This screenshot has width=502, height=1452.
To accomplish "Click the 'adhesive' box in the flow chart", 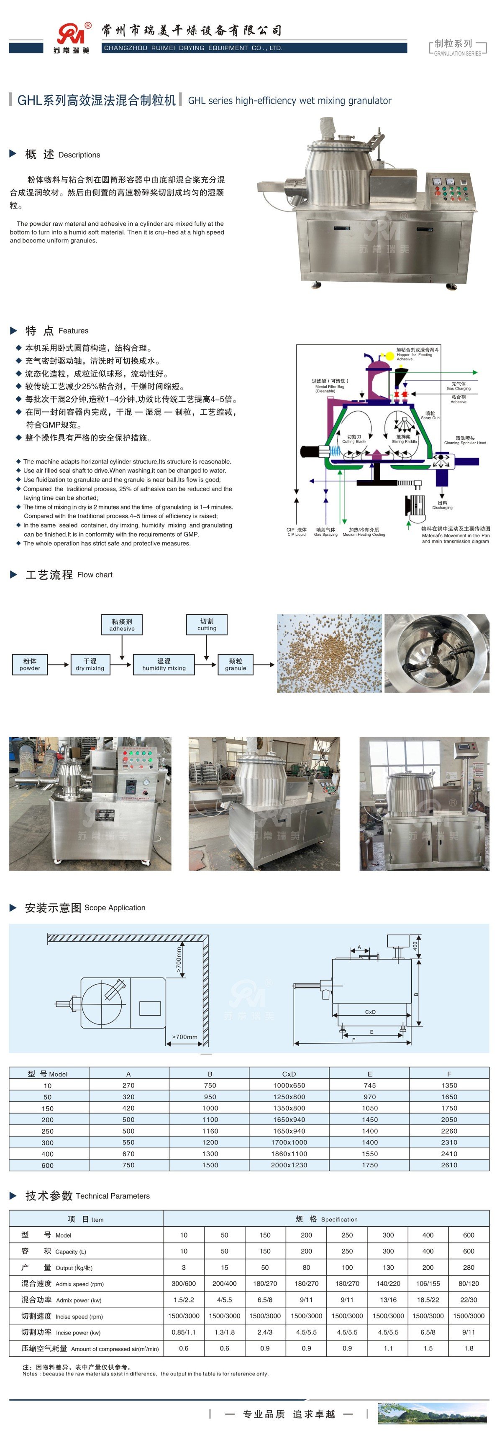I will [x=122, y=624].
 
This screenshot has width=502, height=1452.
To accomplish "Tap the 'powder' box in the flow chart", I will [x=30, y=665].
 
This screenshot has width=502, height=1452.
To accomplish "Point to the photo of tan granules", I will [x=329, y=653].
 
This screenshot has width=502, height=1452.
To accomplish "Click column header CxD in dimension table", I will [x=289, y=1074].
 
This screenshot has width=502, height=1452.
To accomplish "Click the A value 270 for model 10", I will [x=128, y=1085].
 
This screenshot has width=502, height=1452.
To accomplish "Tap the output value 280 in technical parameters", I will [x=469, y=1267].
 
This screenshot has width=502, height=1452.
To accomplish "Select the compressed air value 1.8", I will [x=469, y=1348].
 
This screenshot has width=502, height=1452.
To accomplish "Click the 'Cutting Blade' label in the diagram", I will [x=353, y=439].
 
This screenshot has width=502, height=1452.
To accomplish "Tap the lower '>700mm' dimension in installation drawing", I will [x=184, y=1037].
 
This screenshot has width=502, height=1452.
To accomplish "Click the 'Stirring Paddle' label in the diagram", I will [x=404, y=439].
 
